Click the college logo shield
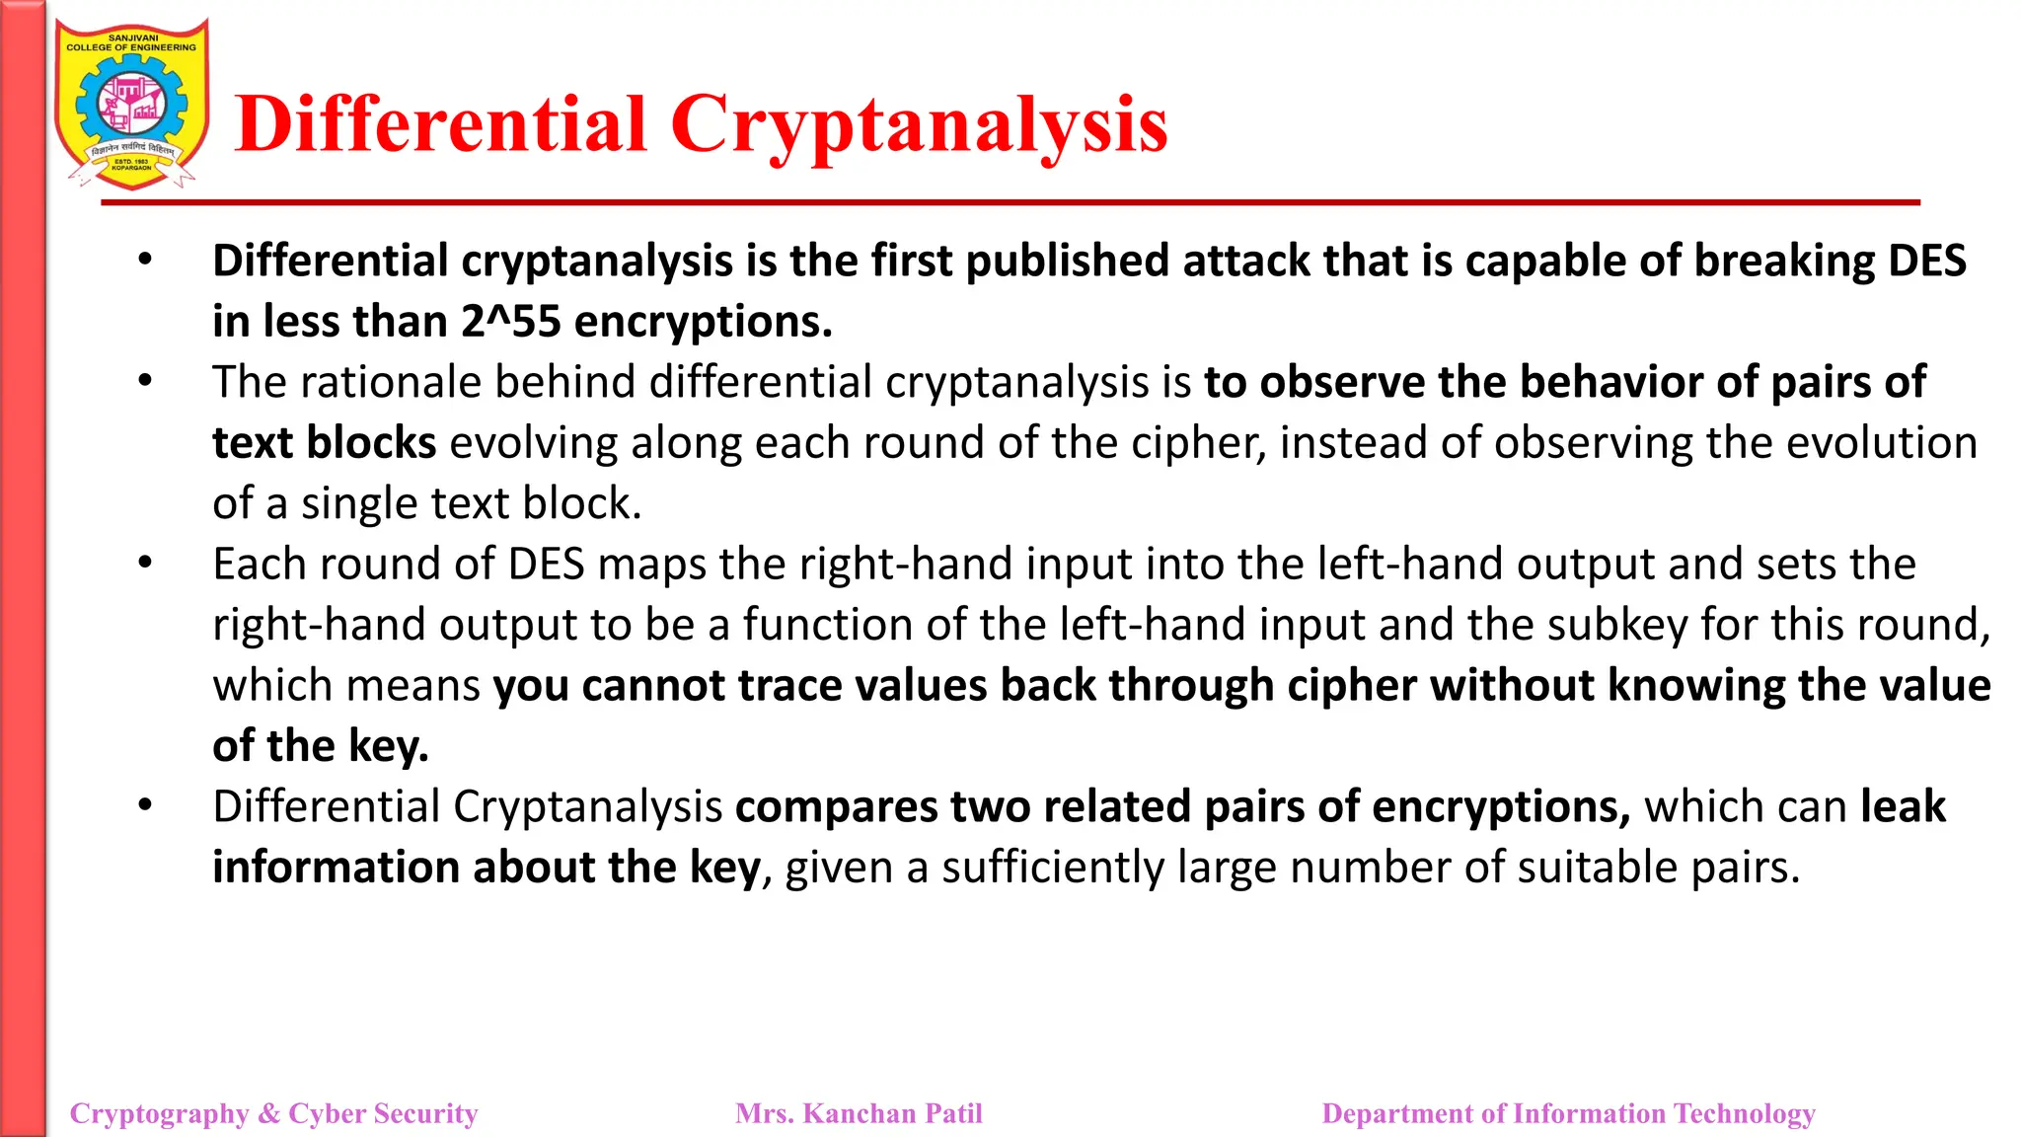(131, 105)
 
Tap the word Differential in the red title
(441, 124)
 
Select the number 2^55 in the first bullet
(510, 322)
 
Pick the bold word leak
(1903, 807)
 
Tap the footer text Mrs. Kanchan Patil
(859, 1113)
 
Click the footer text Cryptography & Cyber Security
(273, 1113)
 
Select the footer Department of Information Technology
(1568, 1113)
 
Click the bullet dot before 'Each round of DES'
(145, 563)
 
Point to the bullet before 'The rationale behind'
(145, 381)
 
